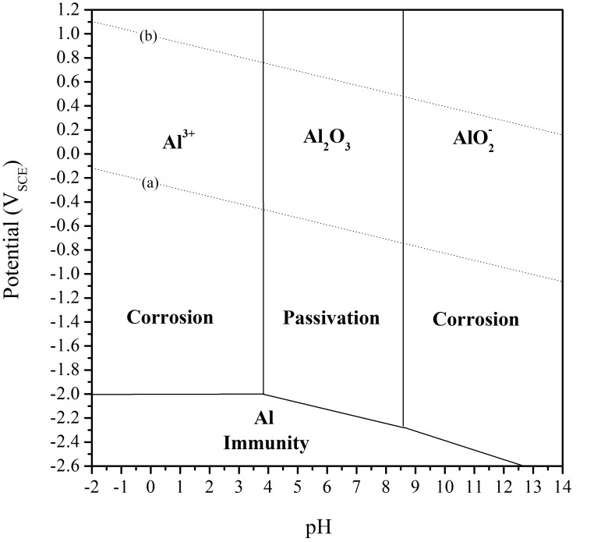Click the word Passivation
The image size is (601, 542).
coord(331,318)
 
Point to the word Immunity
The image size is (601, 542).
coord(266,444)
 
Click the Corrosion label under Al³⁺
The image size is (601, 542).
coord(170,318)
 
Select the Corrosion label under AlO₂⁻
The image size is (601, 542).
coord(475,319)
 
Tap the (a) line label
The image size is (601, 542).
coord(150,183)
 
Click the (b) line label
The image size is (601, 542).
coord(148,36)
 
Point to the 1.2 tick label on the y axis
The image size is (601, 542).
coord(67,10)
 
